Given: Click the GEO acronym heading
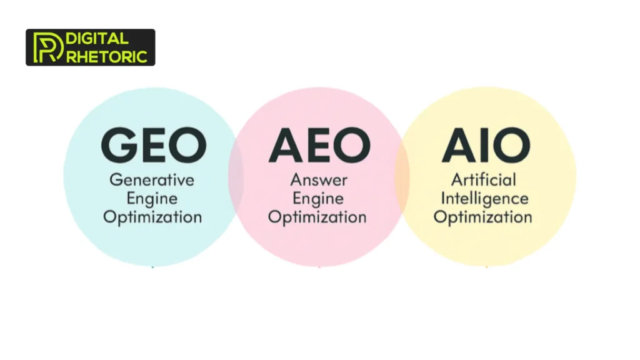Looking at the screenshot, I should [x=153, y=145].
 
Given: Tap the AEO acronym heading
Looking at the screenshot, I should [x=319, y=145].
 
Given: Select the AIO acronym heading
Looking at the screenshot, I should [x=486, y=145].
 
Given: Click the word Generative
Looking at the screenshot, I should [x=152, y=180].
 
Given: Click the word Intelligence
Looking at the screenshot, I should [x=484, y=199].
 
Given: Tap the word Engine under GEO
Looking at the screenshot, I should [x=152, y=199].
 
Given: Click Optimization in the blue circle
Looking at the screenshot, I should [x=152, y=218].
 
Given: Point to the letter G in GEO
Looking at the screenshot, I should [x=120, y=145].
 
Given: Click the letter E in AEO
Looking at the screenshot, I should [x=319, y=145].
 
